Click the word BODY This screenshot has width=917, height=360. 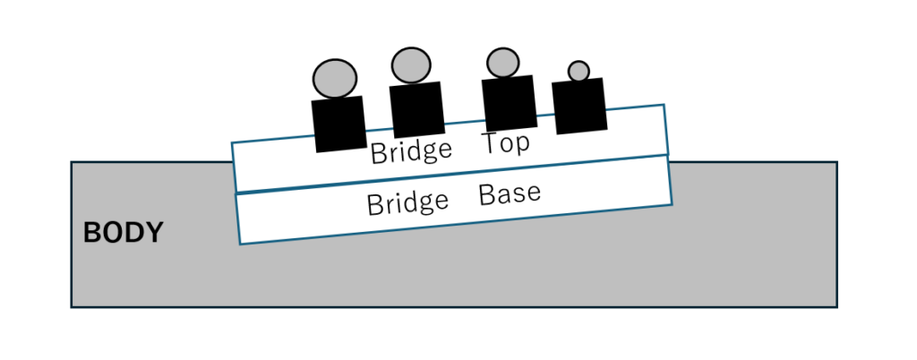[123, 234]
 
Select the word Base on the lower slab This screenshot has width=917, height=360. [510, 193]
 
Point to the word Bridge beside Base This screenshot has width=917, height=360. [407, 203]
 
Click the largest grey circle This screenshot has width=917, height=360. [335, 78]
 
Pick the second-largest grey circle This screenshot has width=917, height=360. [412, 64]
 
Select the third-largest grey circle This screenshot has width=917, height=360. [502, 62]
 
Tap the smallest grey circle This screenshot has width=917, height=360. [578, 71]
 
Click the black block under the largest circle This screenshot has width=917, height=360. [339, 124]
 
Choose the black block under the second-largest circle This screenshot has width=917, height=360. [417, 109]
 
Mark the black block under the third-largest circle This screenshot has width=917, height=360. [509, 102]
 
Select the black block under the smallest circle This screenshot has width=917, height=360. [580, 106]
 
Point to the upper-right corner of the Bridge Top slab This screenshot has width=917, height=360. [664, 106]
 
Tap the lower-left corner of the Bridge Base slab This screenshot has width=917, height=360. [240, 244]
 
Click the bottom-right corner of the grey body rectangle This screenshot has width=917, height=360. [836, 306]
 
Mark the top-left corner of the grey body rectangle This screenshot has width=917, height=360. [72, 162]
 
